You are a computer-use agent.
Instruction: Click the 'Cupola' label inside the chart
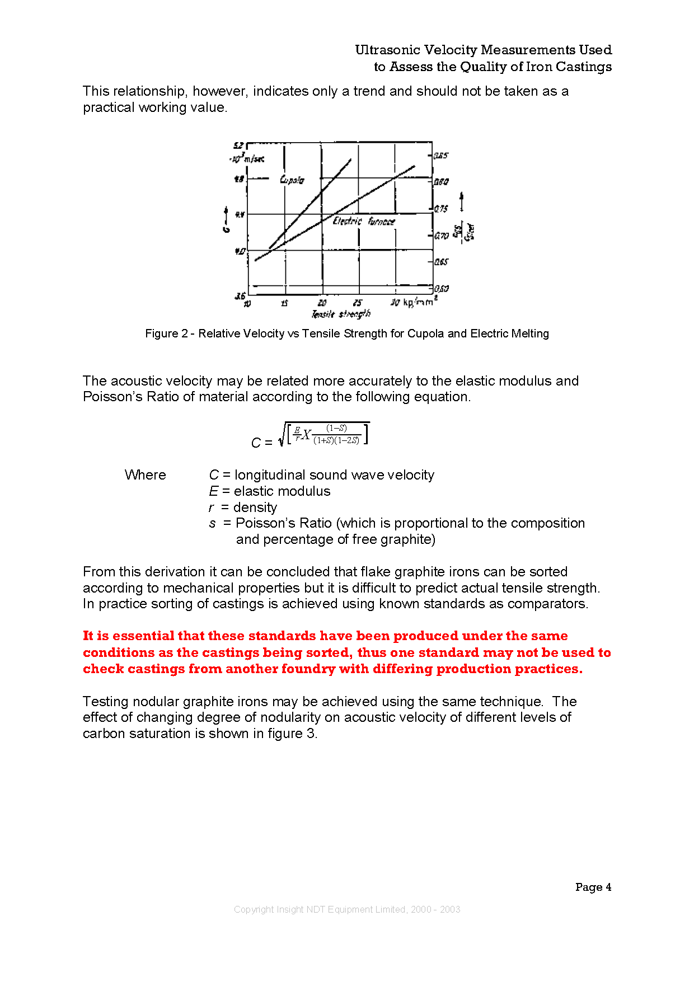point(292,180)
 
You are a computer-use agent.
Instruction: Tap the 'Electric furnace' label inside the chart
point(364,222)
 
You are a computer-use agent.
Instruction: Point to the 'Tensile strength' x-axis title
point(341,314)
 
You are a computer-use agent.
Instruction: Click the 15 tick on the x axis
point(284,303)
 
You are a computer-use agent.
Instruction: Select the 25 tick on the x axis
point(358,303)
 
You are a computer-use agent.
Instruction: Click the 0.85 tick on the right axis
point(441,156)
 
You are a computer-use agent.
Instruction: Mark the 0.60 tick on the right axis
point(442,289)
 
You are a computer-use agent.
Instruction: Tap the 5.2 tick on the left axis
point(239,146)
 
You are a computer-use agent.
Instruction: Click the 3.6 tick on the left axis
point(240,296)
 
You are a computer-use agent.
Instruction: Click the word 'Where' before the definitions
point(146,475)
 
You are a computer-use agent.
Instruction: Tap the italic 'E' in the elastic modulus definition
point(213,491)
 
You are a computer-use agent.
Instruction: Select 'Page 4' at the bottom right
point(593,887)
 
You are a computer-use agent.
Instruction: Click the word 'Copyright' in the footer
point(254,909)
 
